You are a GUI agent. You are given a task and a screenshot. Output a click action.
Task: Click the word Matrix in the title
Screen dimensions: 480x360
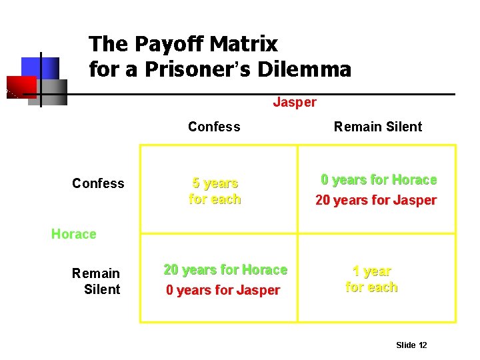click(x=243, y=44)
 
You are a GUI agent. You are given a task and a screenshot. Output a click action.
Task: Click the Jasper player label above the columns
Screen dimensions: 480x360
click(x=295, y=102)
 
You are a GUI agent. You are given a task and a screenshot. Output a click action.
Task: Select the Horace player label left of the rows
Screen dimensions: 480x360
click(x=73, y=234)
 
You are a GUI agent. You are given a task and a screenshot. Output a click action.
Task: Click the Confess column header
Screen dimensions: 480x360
click(x=214, y=127)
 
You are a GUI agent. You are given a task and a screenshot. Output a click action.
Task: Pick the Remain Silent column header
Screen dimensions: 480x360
click(x=378, y=127)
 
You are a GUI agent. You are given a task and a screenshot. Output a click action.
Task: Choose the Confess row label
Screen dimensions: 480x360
click(x=98, y=183)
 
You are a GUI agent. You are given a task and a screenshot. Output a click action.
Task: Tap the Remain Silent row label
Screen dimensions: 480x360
click(x=96, y=281)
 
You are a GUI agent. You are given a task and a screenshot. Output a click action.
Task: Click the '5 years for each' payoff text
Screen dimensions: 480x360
click(x=215, y=191)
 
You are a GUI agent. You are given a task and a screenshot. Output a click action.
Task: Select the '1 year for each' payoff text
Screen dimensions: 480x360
click(x=371, y=279)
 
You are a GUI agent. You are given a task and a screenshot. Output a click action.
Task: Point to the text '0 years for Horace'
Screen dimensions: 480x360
click(x=379, y=179)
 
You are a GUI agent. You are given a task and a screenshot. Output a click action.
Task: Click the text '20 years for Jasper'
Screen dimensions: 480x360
click(x=375, y=200)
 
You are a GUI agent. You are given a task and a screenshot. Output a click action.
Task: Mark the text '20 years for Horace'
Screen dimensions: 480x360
click(x=225, y=270)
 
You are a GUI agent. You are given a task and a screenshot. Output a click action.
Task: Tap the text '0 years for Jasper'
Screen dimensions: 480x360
click(x=223, y=291)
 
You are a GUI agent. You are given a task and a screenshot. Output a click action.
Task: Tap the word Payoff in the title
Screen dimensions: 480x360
click(x=165, y=44)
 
